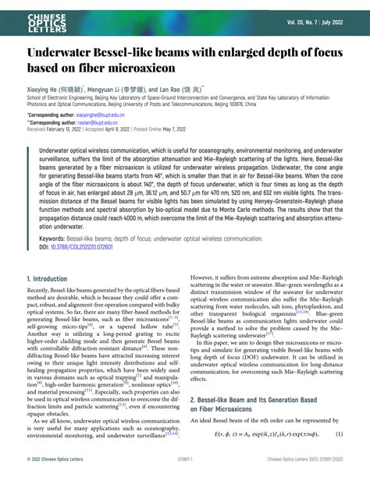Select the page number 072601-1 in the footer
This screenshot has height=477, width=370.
185,469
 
